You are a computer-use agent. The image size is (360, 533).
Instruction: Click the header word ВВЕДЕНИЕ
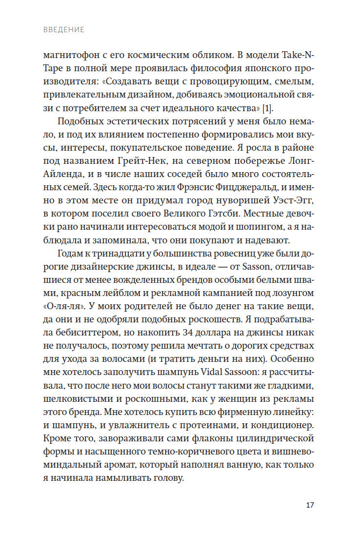63,30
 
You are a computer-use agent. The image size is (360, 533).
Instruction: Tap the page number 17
310,504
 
